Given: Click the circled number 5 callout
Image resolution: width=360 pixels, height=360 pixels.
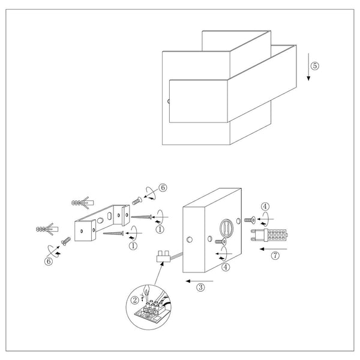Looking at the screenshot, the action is (315, 66).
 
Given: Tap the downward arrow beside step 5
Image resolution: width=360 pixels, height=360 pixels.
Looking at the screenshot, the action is (308, 67).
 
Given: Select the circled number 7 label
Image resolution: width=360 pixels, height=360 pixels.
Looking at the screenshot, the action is (275, 256).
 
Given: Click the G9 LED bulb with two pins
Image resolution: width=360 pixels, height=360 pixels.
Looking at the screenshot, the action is (269, 235).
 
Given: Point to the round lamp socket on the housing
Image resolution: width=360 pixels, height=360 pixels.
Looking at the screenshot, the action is (227, 228).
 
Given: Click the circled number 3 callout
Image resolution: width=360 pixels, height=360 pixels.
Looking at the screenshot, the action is (200, 287).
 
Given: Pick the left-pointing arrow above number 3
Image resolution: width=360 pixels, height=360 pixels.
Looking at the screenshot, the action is (200, 281).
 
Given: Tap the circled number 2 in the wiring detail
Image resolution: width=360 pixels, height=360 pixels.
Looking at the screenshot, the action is (135, 301).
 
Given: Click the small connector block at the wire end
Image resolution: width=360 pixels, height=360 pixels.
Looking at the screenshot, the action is (163, 257).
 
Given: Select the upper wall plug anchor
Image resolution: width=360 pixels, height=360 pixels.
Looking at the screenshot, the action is (83, 203).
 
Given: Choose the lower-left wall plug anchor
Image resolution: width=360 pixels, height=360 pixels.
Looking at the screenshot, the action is (47, 229).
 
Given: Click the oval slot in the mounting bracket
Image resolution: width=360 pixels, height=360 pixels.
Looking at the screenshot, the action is (109, 216).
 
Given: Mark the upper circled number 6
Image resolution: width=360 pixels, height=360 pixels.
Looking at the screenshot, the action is (163, 188).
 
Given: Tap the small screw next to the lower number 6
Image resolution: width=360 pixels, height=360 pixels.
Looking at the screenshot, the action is (66, 241).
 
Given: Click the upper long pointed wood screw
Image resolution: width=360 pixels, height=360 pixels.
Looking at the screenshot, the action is (142, 217).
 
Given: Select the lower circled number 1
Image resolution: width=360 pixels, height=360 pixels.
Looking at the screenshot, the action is (133, 246).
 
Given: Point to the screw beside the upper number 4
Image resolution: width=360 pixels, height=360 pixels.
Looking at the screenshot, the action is (250, 220).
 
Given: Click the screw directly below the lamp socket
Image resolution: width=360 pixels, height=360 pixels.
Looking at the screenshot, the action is (221, 241).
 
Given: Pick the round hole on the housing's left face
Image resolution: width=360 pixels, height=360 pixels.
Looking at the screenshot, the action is (190, 239).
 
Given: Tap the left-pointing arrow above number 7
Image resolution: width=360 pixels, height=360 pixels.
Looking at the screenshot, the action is (274, 249).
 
